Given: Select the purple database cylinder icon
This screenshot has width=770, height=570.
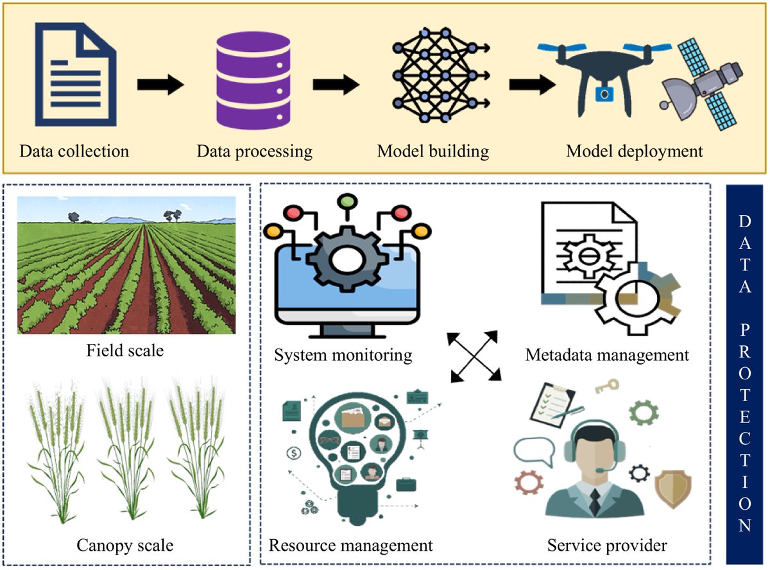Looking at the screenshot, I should pyautogui.click(x=253, y=76).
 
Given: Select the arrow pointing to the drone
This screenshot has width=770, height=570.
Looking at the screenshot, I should pyautogui.click(x=532, y=84).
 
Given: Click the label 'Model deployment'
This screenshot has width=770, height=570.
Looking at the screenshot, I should pyautogui.click(x=634, y=151).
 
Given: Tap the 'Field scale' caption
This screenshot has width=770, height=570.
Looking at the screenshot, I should pyautogui.click(x=124, y=350).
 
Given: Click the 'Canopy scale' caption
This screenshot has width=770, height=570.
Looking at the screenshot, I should pyautogui.click(x=124, y=546).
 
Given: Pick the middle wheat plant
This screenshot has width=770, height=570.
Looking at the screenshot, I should pyautogui.click(x=126, y=449).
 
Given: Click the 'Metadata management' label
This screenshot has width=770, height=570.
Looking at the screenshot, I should pyautogui.click(x=606, y=355).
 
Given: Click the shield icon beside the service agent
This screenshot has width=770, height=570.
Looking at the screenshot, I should pyautogui.click(x=672, y=488).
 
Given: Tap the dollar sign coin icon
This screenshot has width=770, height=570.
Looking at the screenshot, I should pyautogui.click(x=295, y=453).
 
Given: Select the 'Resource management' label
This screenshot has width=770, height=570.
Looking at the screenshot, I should pyautogui.click(x=350, y=546).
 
